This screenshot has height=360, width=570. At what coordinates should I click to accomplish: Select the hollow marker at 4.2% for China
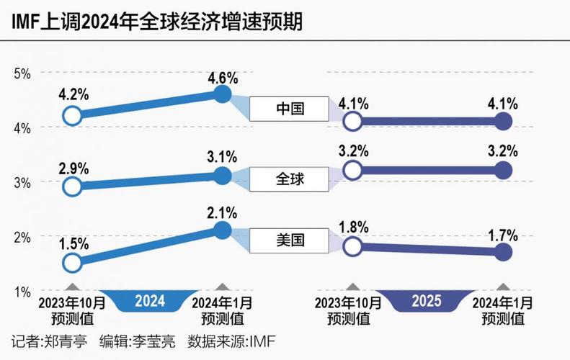click(x=71, y=115)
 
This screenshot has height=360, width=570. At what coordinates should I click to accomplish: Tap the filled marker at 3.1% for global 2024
click(x=223, y=175)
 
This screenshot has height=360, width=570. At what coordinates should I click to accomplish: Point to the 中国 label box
click(x=290, y=109)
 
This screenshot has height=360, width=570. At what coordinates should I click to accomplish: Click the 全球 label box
click(x=290, y=179)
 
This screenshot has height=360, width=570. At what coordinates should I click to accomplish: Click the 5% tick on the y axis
click(x=22, y=73)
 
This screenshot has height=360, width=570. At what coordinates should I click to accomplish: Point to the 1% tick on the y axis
click(x=22, y=292)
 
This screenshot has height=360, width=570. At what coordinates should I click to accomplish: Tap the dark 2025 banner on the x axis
click(x=426, y=300)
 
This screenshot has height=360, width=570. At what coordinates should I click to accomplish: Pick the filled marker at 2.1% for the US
click(x=223, y=230)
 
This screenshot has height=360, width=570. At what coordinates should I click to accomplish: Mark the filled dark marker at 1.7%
click(x=503, y=251)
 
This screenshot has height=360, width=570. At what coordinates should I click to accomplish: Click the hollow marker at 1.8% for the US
click(x=352, y=246)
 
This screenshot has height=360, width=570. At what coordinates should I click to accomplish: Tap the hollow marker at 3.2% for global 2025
click(x=352, y=170)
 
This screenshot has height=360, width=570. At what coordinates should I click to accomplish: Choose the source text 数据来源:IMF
click(x=231, y=341)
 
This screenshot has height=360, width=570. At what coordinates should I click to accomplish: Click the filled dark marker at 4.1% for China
click(x=503, y=121)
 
